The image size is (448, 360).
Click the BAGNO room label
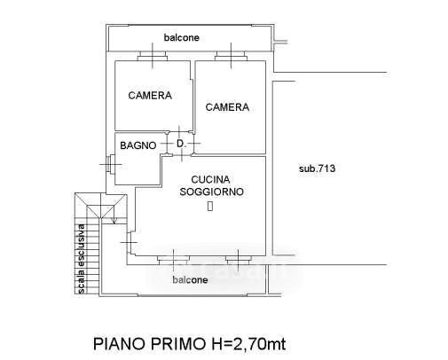tap(138, 145)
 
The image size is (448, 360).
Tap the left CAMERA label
tap(150, 96)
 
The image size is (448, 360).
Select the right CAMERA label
tap(227, 107)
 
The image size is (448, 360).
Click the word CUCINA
tap(210, 179)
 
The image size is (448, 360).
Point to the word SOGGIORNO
tap(212, 192)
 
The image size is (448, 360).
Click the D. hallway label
tap(181, 144)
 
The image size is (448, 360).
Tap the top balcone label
tap(182, 37)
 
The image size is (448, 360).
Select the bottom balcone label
tap(190, 279)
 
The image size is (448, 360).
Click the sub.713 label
tap(317, 168)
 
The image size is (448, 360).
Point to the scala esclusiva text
tap(82, 259)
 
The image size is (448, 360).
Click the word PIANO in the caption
tap(120, 344)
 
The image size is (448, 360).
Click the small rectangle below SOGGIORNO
tap(210, 206)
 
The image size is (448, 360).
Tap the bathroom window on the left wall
tap(111, 164)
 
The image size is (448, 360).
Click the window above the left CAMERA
tap(153, 56)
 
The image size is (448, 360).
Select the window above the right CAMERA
tap(231, 56)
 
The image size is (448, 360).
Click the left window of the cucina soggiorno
tap(173, 261)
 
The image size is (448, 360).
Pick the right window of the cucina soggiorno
tap(239, 261)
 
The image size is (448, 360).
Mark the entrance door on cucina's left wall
tap(130, 242)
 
